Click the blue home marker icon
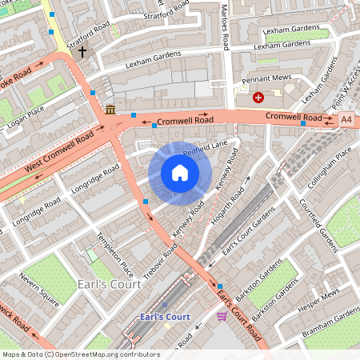click(x=180, y=173)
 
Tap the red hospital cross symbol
click(x=258, y=98)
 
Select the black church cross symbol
click(x=82, y=53)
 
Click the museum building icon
click(x=110, y=109)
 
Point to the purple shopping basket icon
click(x=222, y=316)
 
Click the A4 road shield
click(x=346, y=118)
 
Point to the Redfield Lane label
click(x=205, y=149)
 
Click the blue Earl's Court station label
click(x=165, y=317)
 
